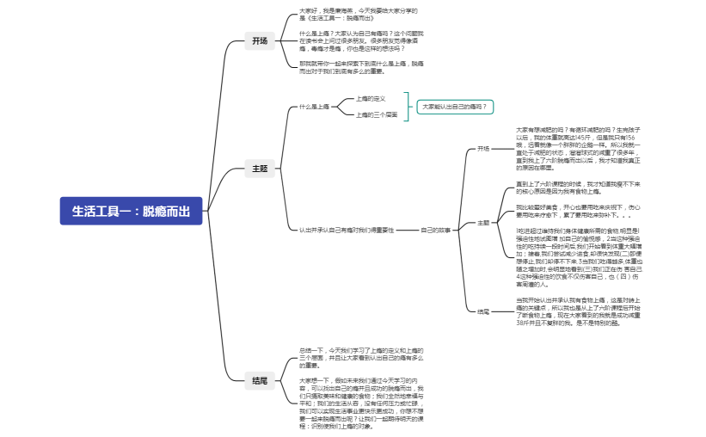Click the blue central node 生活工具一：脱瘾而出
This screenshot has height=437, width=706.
click(131, 212)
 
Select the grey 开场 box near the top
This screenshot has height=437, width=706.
click(259, 40)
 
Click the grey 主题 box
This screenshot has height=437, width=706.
click(259, 169)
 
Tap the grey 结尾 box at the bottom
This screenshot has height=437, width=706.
click(259, 379)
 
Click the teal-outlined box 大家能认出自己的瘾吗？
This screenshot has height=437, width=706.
click(456, 107)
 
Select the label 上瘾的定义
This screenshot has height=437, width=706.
click(371, 98)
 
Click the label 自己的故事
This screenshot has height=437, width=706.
click(436, 230)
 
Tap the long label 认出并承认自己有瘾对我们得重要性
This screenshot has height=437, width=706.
click(347, 230)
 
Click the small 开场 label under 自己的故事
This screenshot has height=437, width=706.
click(483, 148)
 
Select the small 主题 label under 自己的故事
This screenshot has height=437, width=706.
click(483, 222)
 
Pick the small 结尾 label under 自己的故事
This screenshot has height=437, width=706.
click(483, 311)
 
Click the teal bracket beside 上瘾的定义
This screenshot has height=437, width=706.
click(408, 107)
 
